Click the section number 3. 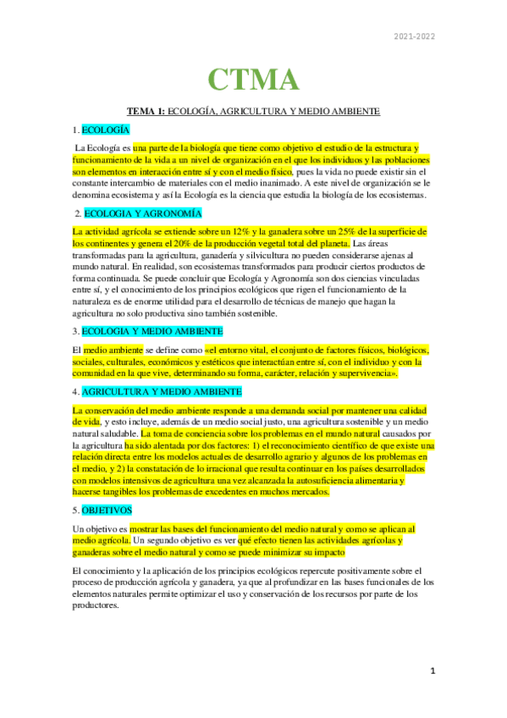(74, 330)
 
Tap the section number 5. (74, 511)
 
